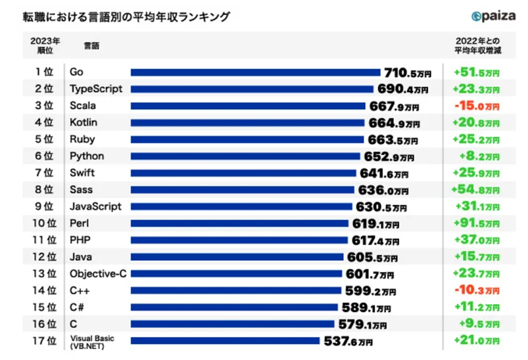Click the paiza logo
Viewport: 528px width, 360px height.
tap(494, 16)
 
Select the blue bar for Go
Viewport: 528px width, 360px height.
tap(256, 72)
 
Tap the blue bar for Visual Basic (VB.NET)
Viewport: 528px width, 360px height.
tap(226, 341)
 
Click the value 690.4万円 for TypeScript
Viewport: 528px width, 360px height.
tap(402, 89)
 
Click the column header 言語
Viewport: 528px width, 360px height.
tap(92, 46)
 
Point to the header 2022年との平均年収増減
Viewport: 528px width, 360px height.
tap(476, 45)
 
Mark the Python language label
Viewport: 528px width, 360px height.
tap(86, 156)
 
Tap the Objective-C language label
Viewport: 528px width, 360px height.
tap(97, 273)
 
